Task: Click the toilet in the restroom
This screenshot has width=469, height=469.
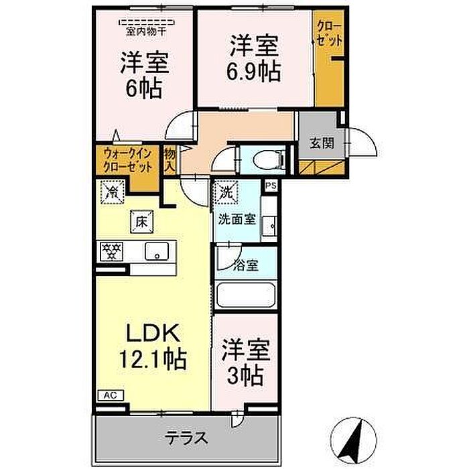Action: [x=268, y=159]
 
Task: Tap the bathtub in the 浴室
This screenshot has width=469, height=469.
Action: [x=246, y=295]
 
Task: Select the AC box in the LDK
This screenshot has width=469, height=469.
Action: [x=111, y=395]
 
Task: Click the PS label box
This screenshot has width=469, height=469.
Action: [x=271, y=186]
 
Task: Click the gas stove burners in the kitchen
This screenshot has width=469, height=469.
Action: [x=112, y=251]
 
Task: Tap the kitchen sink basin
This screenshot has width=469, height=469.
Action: [x=157, y=251]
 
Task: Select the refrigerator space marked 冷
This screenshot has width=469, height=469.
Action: [x=113, y=192]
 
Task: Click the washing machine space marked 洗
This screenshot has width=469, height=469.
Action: [x=226, y=192]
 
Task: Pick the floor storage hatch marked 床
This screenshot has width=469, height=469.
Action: [x=141, y=222]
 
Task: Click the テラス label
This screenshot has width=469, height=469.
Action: [x=186, y=438]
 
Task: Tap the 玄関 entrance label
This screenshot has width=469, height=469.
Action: [x=322, y=143]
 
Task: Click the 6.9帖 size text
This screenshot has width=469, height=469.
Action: [x=253, y=72]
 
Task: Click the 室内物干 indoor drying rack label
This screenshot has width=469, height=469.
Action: [x=145, y=31]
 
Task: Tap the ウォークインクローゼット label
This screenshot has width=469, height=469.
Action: [x=128, y=161]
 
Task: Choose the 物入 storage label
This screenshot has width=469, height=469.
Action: [x=170, y=161]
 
